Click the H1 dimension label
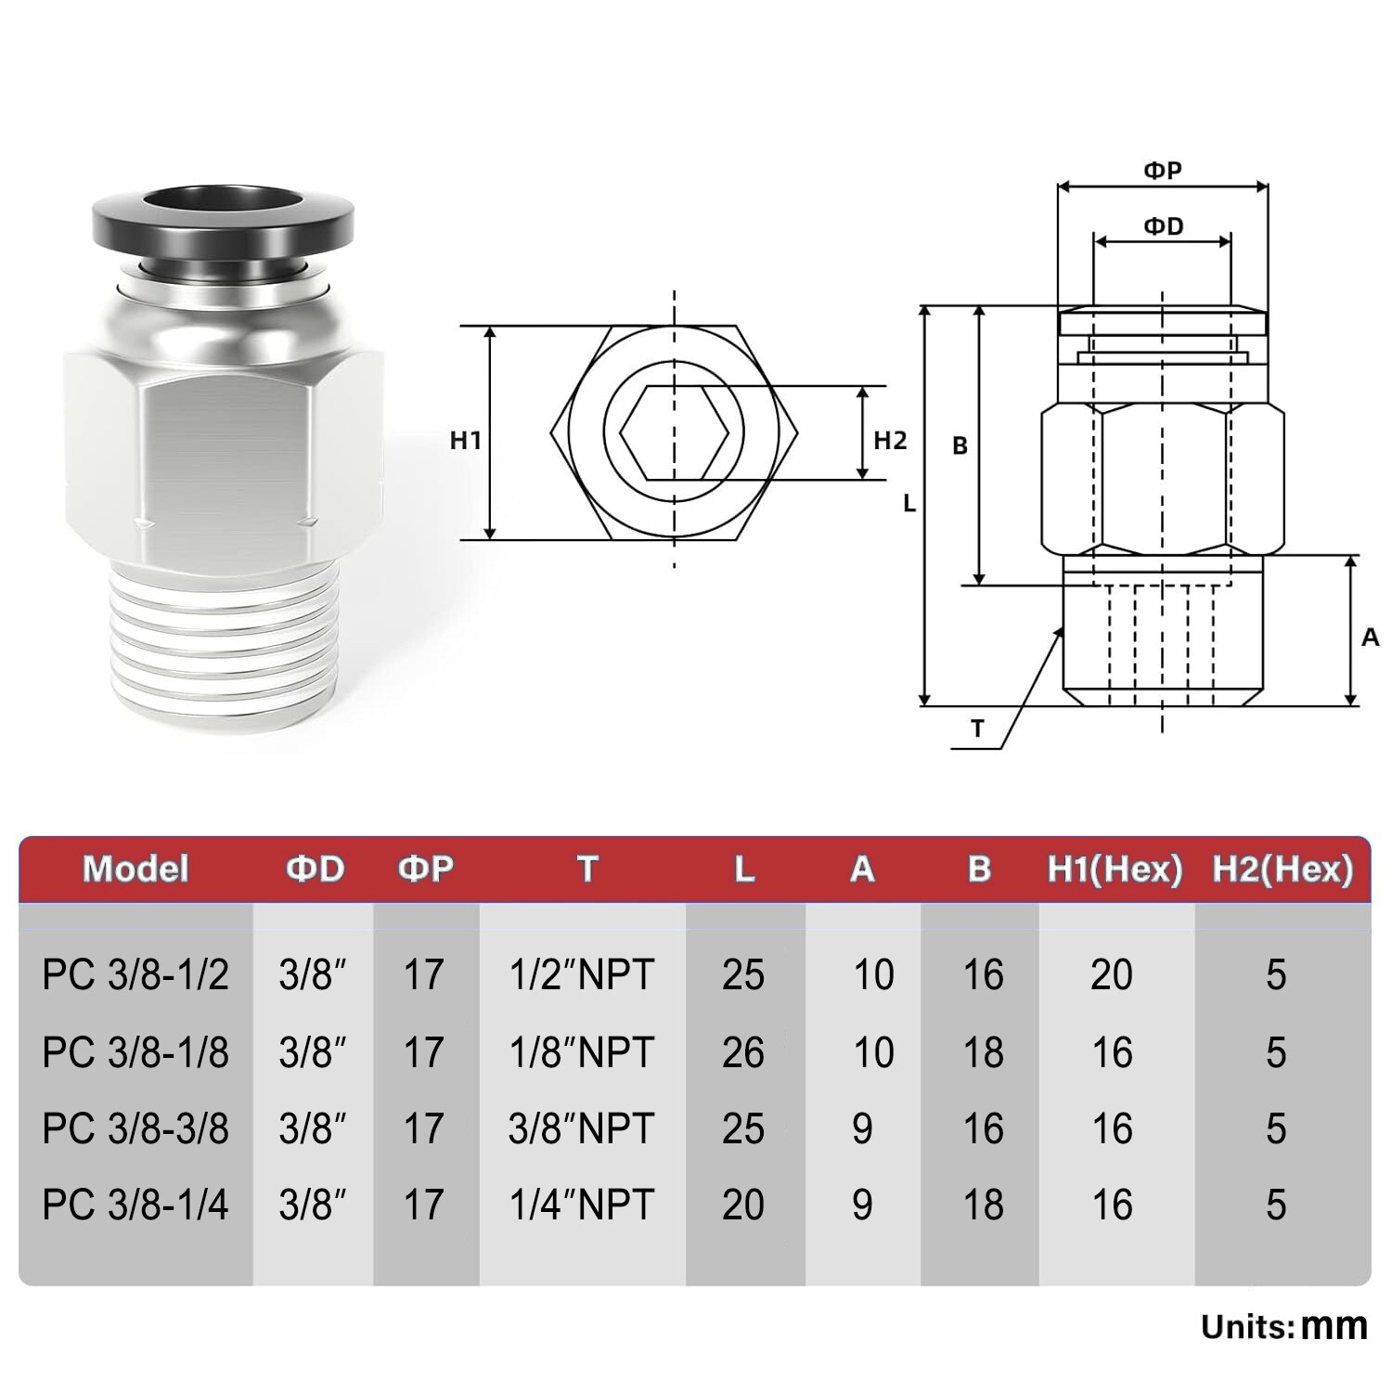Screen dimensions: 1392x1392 tap(466, 440)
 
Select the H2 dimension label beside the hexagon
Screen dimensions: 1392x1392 tap(890, 440)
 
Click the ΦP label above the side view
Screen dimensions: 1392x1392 tap(1162, 171)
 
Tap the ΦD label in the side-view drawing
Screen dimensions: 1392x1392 tap(1163, 226)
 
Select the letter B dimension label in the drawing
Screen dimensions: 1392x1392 tap(960, 446)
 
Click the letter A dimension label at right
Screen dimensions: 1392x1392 tap(1370, 638)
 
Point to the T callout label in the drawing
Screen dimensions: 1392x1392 tap(976, 729)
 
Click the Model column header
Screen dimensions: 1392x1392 tap(135, 869)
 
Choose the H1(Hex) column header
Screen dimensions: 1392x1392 tap(1115, 869)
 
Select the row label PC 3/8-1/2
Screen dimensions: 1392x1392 tap(135, 974)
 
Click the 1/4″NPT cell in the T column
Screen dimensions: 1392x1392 tap(582, 1205)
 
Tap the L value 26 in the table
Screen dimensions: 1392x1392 tap(743, 1052)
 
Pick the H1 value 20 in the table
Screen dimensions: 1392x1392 tap(1112, 974)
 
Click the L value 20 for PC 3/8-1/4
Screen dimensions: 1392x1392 tap(743, 1205)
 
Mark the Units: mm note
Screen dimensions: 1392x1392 tap(1284, 1326)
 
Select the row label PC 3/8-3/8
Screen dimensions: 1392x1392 tap(135, 1128)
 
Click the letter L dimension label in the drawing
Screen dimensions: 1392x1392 tap(909, 504)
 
